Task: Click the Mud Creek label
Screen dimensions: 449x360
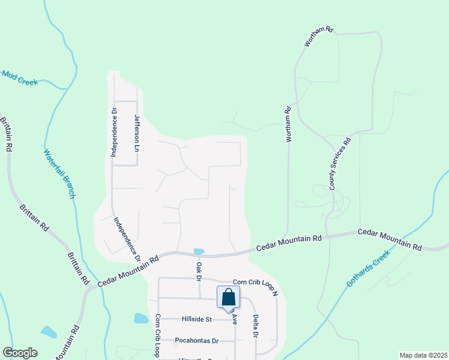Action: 20,77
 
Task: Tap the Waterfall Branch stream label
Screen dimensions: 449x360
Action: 59,173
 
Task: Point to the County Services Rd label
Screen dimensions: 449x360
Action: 339,165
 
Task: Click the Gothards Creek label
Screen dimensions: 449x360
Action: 369,268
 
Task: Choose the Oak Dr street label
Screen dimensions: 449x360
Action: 197,270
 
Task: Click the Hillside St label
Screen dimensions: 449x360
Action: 193,320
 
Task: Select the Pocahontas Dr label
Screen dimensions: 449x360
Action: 196,341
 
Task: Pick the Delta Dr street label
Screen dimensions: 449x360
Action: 255,326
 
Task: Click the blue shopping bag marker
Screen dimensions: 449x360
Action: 228,298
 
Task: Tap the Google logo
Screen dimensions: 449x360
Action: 20,353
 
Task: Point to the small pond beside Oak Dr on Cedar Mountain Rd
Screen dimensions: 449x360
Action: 199,251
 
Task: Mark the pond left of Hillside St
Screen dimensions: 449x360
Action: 140,318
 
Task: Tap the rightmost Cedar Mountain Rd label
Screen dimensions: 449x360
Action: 390,239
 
